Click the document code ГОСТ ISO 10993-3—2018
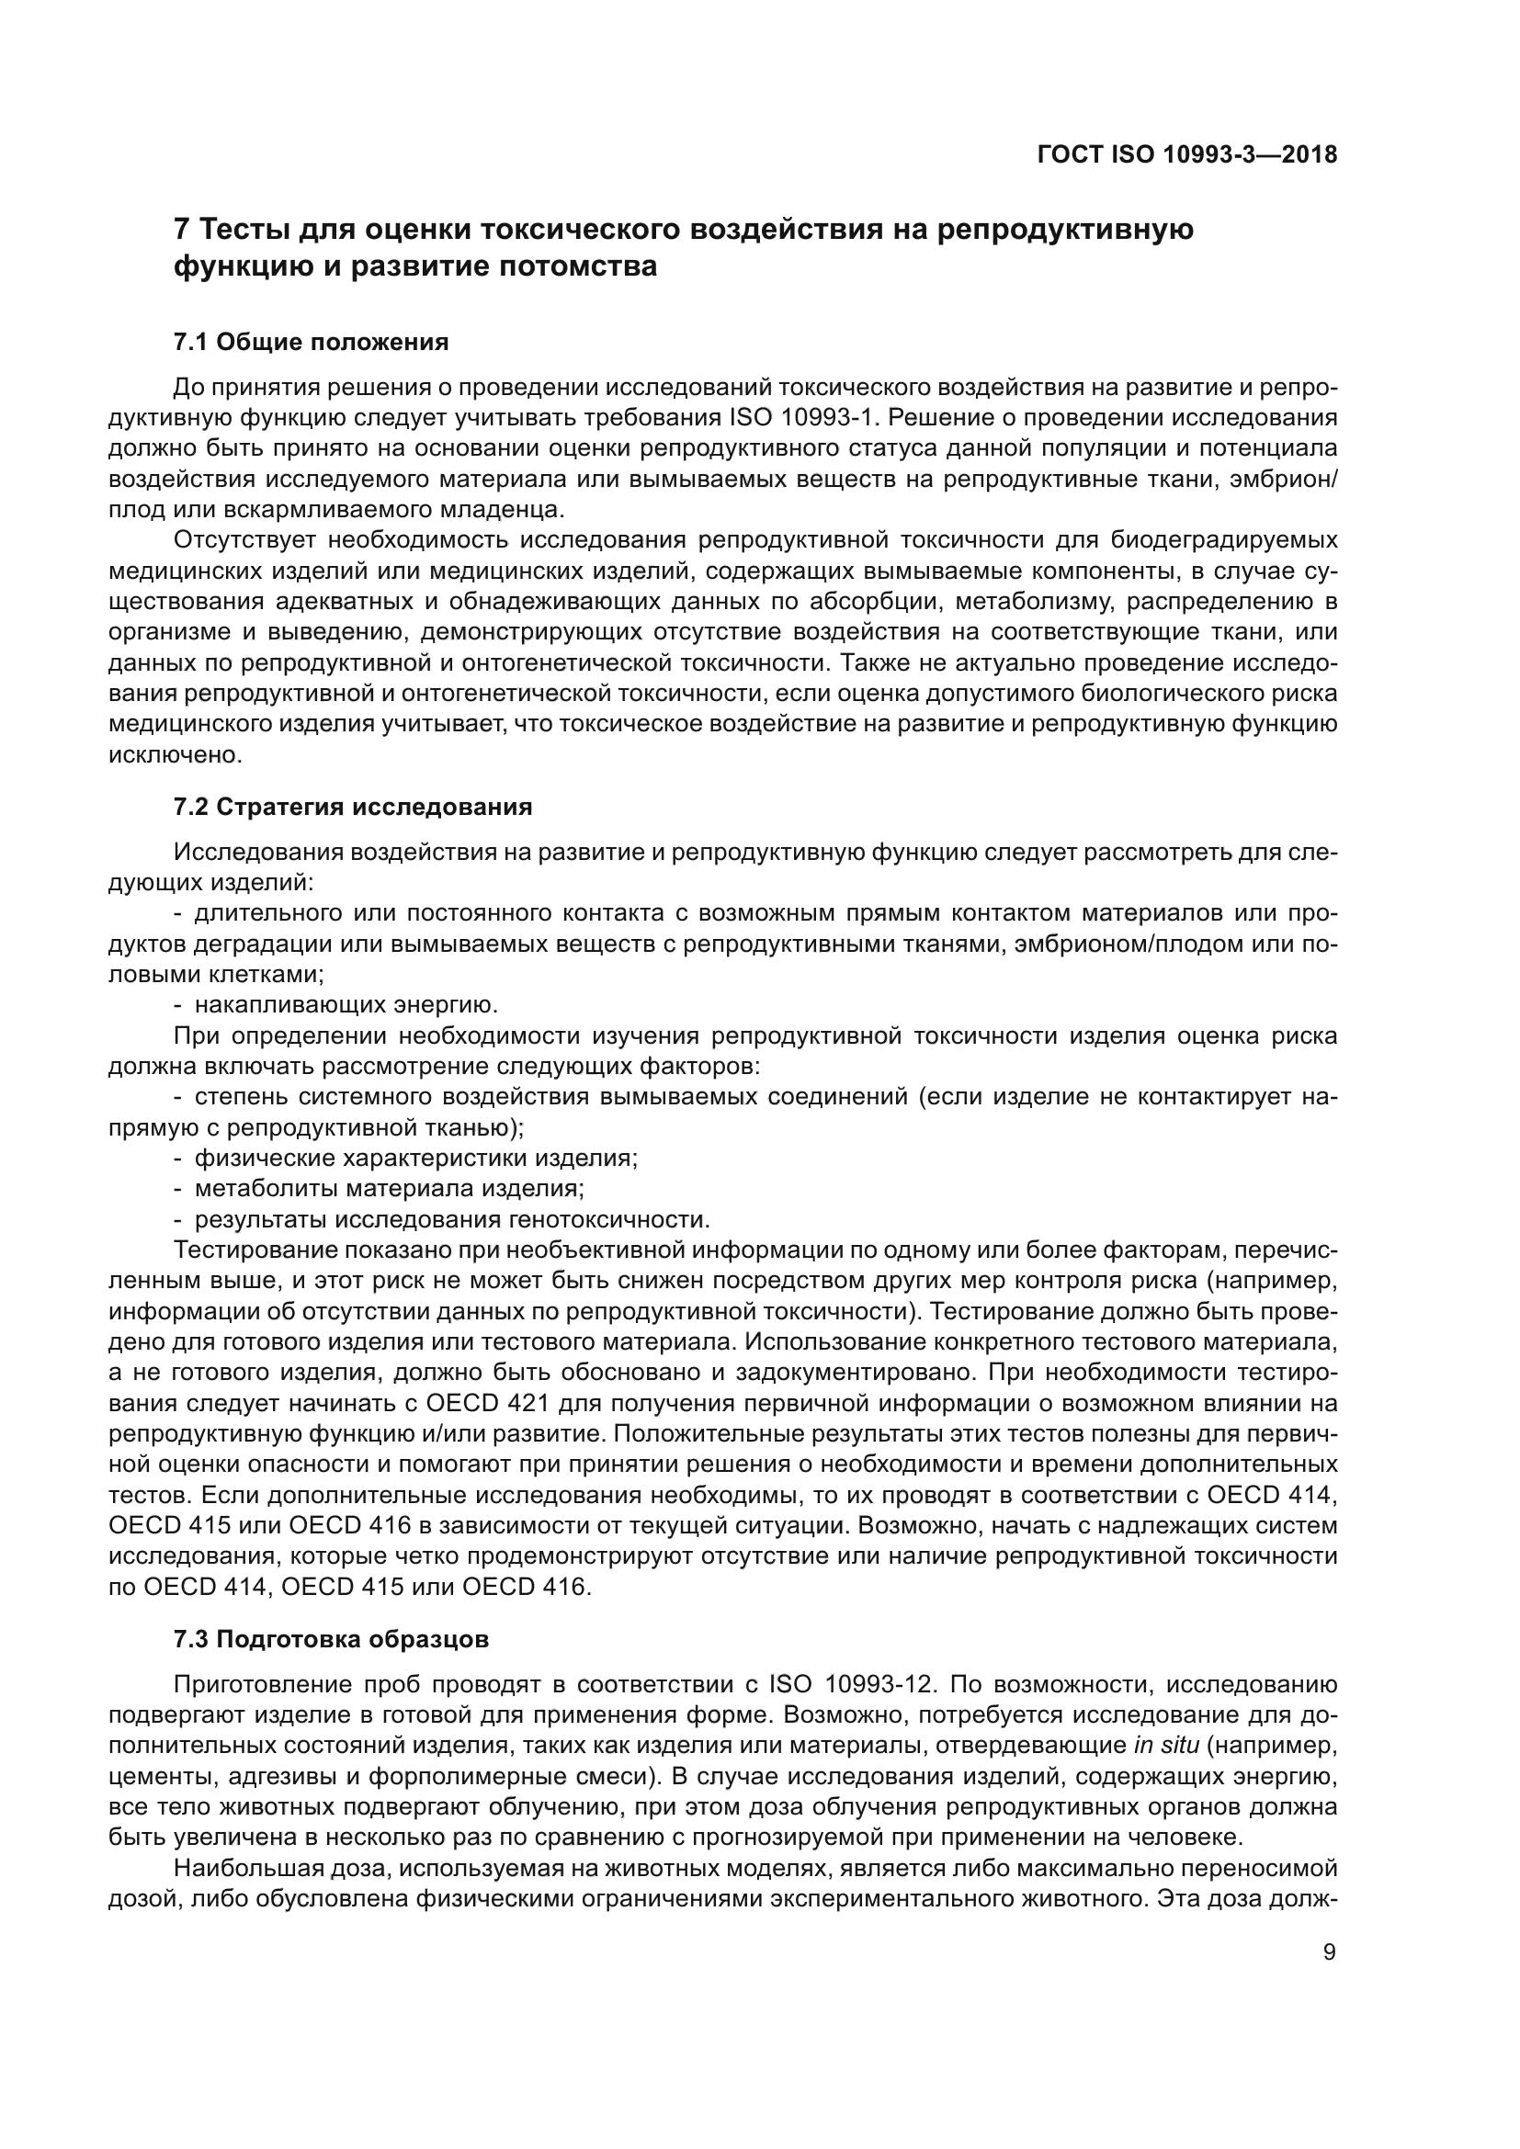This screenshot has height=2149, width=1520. (1186, 154)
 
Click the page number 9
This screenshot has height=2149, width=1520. (1329, 1952)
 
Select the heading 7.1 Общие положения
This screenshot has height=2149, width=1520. (311, 343)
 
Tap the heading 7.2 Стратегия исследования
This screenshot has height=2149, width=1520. (353, 807)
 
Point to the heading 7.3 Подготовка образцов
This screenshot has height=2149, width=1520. (332, 1640)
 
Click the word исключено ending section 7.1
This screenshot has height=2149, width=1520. (175, 754)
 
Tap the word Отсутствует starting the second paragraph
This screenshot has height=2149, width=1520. (244, 540)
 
